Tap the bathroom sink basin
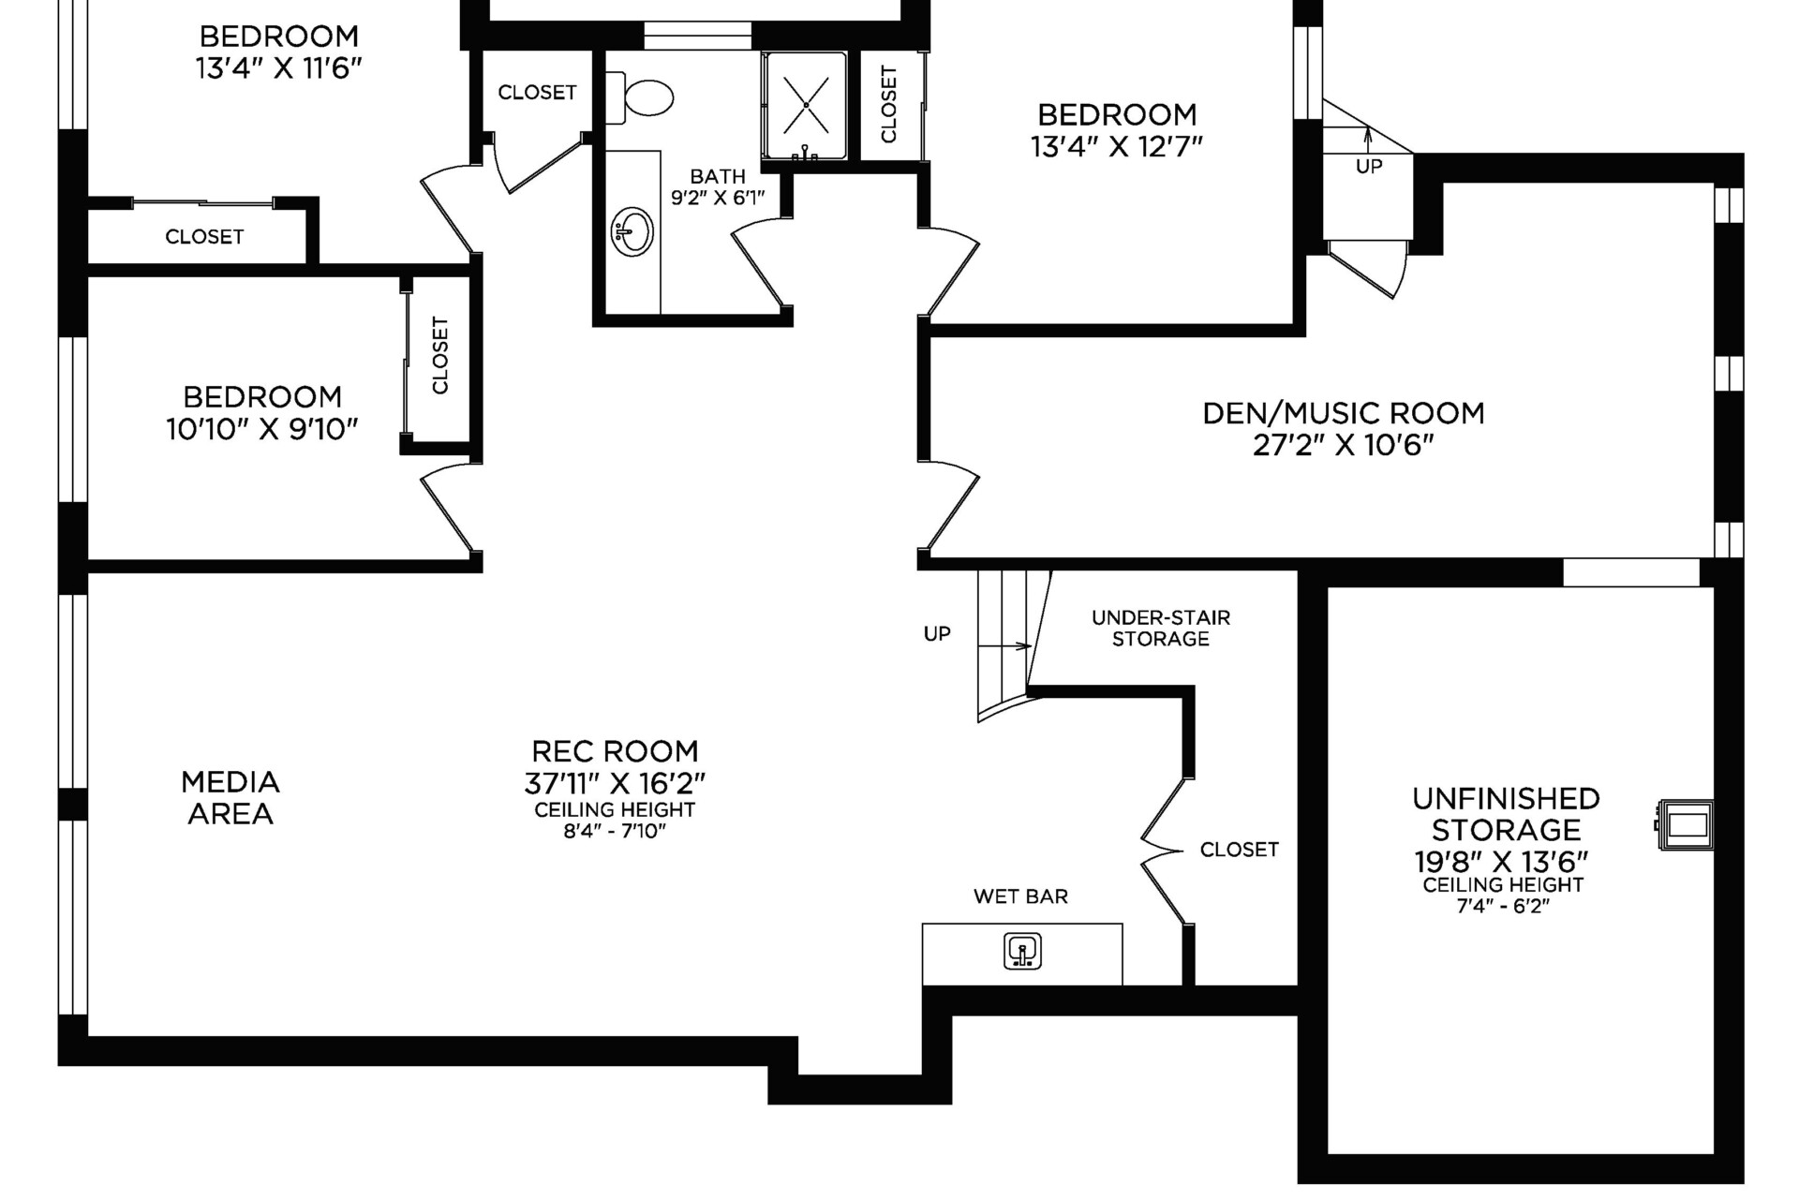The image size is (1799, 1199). (633, 230)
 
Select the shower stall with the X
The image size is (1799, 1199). (806, 105)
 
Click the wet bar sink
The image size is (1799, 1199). (1022, 951)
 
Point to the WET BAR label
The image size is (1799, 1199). (1020, 896)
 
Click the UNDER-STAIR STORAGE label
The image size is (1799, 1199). (1161, 628)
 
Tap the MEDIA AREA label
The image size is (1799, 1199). (230, 797)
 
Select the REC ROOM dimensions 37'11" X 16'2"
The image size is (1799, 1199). (615, 782)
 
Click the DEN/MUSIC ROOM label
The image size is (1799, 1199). (1344, 413)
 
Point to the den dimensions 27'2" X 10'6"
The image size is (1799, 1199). (1344, 445)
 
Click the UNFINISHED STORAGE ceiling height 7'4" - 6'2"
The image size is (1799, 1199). (1504, 906)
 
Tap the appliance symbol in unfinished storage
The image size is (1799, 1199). (1685, 825)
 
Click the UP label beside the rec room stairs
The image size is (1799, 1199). (937, 634)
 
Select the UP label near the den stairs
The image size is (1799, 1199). (1369, 167)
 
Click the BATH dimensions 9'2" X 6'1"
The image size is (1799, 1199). (718, 198)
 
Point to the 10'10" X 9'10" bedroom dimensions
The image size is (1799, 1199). (262, 430)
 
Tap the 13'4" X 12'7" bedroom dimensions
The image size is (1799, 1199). (1117, 147)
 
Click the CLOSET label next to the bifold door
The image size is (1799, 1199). (1239, 850)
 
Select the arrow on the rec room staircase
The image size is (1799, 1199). (1004, 646)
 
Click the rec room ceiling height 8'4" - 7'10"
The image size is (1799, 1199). (615, 831)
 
